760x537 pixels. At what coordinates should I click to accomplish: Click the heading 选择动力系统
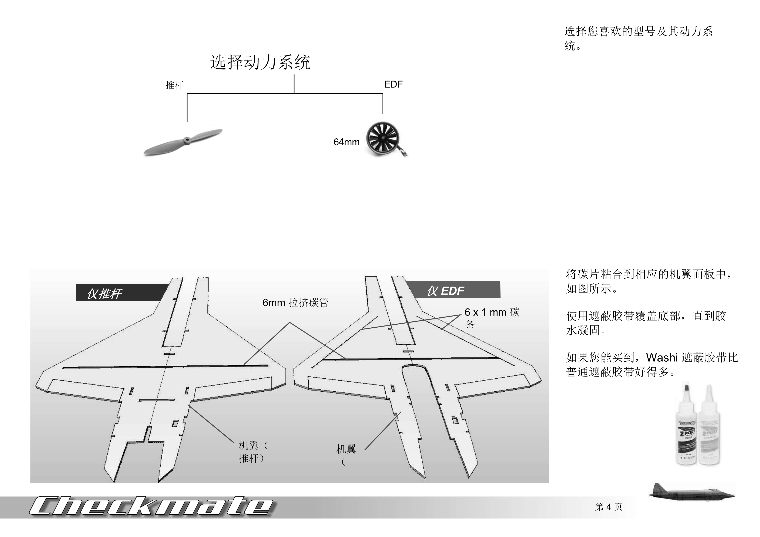[260, 62]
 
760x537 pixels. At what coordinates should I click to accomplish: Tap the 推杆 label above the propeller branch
[174, 85]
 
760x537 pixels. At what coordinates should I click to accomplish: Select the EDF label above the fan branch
[393, 84]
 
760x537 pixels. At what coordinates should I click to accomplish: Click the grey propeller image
[183, 142]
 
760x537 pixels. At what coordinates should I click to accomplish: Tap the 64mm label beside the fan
[346, 142]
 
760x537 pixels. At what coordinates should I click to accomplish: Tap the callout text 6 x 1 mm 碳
[492, 312]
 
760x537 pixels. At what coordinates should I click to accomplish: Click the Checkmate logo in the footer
[151, 506]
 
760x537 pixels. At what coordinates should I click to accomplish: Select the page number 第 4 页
[609, 507]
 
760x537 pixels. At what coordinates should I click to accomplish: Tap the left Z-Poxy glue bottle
[687, 425]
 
